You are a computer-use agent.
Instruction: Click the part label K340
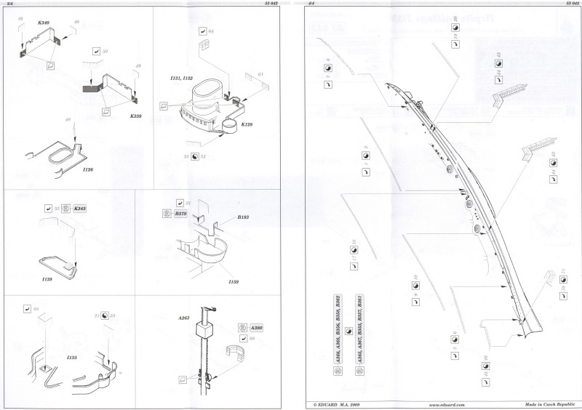point(43,24)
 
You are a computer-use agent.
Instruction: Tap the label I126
point(88,169)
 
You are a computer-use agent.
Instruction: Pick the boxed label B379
point(180,215)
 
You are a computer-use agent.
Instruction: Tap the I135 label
point(72,358)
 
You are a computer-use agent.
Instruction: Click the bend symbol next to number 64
point(201,31)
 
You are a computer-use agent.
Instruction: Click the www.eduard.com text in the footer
point(442,404)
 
